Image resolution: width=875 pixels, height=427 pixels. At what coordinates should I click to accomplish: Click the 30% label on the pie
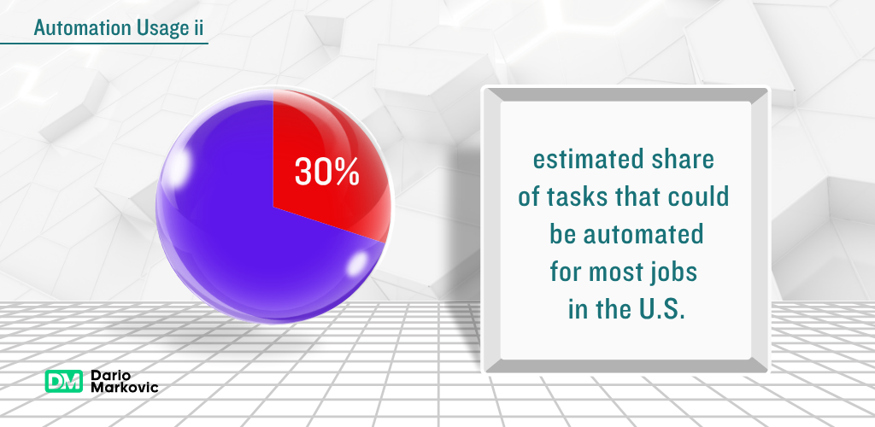click(327, 171)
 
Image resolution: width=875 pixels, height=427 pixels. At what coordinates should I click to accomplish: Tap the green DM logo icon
click(63, 381)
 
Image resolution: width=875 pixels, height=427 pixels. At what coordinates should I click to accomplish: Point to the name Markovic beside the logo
click(125, 387)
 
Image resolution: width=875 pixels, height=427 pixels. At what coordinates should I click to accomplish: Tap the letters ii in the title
click(198, 27)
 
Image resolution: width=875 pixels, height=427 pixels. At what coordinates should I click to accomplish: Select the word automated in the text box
click(643, 235)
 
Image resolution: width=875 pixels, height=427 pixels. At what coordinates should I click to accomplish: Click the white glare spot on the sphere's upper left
click(179, 166)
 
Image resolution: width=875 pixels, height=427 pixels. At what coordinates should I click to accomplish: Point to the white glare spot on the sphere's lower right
click(358, 264)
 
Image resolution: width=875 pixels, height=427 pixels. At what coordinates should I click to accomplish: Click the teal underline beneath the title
click(103, 43)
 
